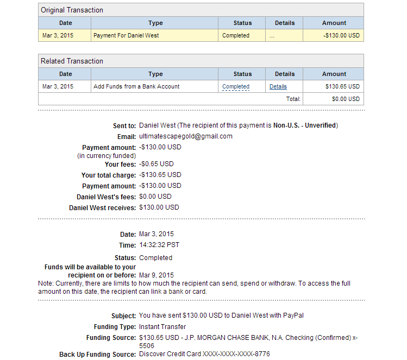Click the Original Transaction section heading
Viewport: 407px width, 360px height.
click(72, 10)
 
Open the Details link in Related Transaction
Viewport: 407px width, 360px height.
click(278, 86)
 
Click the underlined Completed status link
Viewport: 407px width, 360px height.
click(236, 86)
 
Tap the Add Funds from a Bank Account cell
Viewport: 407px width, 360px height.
click(136, 86)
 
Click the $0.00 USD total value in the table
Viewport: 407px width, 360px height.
click(346, 99)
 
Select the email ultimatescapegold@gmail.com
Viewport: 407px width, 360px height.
click(186, 136)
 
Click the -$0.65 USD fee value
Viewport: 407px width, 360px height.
click(156, 163)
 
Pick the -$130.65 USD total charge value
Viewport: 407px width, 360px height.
click(160, 175)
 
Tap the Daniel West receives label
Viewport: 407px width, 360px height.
click(102, 207)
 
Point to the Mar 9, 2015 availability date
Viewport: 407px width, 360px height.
click(156, 275)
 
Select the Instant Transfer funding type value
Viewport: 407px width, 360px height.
click(162, 327)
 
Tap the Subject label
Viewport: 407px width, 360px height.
click(123, 316)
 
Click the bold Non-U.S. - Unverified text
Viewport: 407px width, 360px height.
click(304, 125)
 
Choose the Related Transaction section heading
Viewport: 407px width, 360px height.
click(72, 61)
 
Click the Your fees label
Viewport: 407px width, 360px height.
click(120, 164)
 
